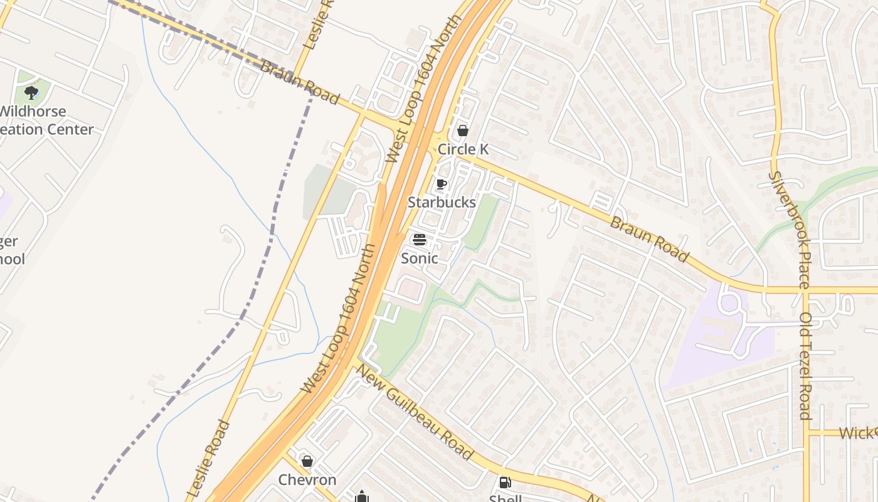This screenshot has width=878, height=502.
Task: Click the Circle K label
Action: [463, 149]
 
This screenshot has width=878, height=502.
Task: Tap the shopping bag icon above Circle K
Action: [463, 131]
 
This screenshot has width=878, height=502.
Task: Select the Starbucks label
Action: [442, 202]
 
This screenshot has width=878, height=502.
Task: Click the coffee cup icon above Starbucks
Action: [442, 184]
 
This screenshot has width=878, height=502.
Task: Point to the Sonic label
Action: [419, 258]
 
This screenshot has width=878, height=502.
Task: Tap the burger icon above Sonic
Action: [419, 239]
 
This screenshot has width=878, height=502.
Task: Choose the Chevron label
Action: [307, 480]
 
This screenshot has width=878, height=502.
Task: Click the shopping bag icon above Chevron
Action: [307, 462]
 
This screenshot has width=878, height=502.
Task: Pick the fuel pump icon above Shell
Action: [505, 483]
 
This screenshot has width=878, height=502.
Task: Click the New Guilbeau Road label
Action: [414, 412]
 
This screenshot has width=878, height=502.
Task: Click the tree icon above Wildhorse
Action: [31, 93]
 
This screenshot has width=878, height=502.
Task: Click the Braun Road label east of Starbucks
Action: [649, 240]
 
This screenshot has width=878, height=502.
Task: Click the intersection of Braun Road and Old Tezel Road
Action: [805, 291]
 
